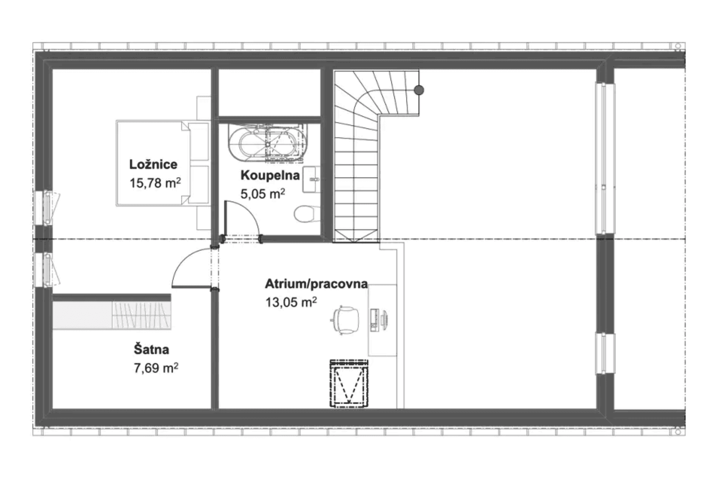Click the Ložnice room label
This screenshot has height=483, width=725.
153,165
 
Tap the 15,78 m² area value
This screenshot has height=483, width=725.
155,183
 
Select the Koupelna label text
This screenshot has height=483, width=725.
270,175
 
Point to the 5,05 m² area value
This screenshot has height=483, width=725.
263,194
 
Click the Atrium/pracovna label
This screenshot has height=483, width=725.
316,284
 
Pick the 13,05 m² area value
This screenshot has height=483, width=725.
291,302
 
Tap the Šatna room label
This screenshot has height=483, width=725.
151,349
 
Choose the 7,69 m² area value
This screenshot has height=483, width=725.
156,368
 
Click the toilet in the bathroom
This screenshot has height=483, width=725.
304,214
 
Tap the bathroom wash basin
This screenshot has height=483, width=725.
312,179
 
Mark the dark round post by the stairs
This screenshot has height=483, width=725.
419,90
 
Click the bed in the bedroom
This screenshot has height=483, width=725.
162,163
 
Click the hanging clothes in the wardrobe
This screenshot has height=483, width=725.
142,315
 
